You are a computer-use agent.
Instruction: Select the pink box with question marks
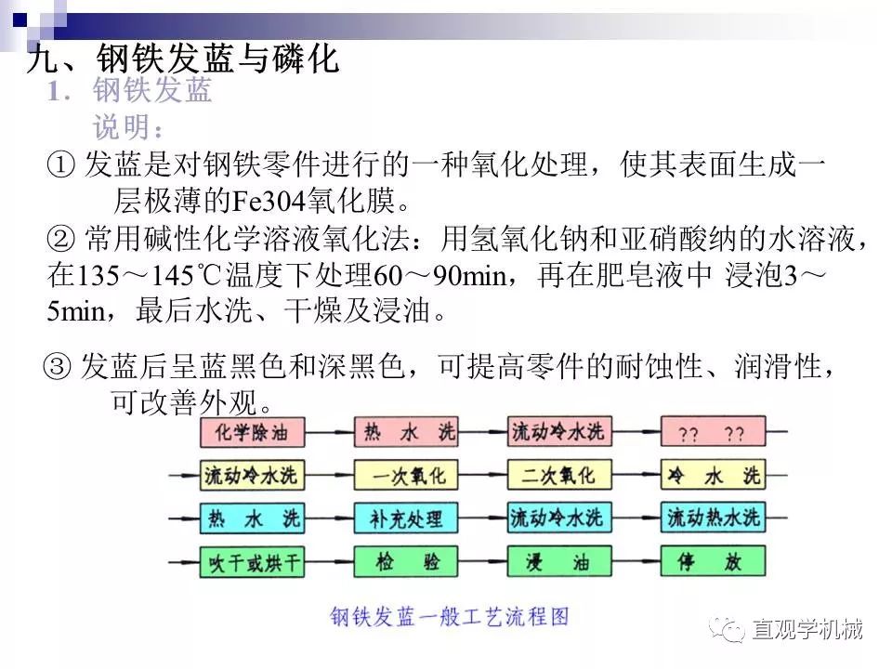pos(713,433)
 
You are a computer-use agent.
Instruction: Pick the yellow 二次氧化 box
pos(558,476)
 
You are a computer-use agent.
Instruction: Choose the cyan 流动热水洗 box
pos(713,518)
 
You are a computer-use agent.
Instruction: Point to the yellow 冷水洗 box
pos(713,476)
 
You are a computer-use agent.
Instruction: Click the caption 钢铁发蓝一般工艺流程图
pos(449,615)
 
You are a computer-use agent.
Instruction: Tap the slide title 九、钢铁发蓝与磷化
pos(183,59)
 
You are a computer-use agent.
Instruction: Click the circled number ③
pos(58,368)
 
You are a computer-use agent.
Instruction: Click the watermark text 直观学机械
pos(807,630)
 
